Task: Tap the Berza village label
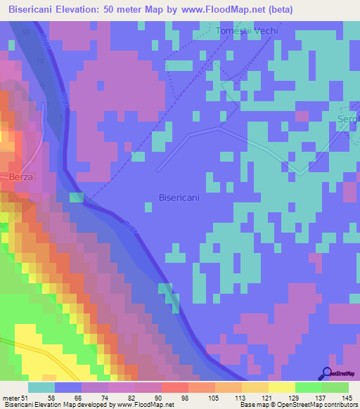[21, 176]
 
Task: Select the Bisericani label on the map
[179, 197]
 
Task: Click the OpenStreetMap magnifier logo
[328, 375]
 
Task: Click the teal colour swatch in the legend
[41, 387]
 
